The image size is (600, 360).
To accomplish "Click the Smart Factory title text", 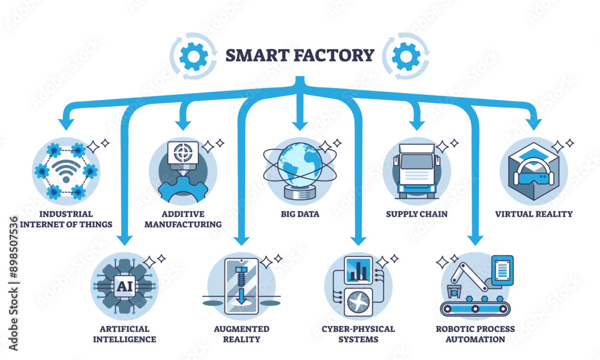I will (x=299, y=56).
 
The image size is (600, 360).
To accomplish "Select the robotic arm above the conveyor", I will (x=467, y=276).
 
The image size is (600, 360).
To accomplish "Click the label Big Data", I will (x=298, y=214).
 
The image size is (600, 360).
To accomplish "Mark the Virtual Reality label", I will (x=533, y=214).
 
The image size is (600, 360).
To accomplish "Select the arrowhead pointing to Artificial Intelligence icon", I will (x=125, y=239).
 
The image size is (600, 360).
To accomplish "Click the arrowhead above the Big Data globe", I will (x=298, y=124).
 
